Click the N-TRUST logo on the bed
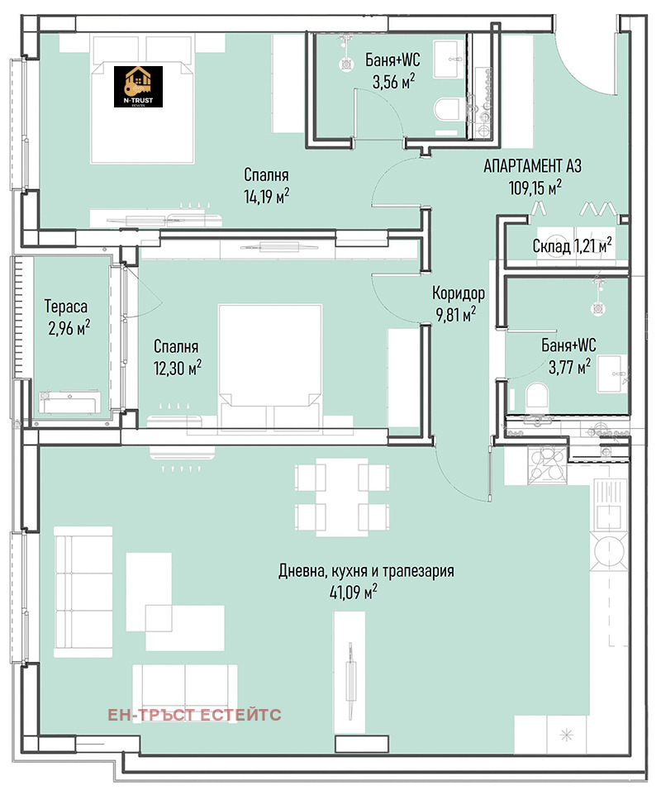pyautogui.click(x=138, y=86)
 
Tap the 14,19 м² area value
pyautogui.click(x=267, y=196)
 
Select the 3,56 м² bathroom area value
pyautogui.click(x=394, y=81)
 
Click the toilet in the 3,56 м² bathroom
pyautogui.click(x=446, y=110)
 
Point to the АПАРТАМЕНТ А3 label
pyautogui.click(x=532, y=166)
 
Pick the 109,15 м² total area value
pyautogui.click(x=535, y=188)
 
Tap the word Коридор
pyautogui.click(x=459, y=293)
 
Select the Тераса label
pyautogui.click(x=66, y=307)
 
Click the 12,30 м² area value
pyautogui.click(x=178, y=368)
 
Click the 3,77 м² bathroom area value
pyautogui.click(x=569, y=366)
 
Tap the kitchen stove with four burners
pyautogui.click(x=548, y=464)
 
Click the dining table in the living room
pyautogui.click(x=342, y=497)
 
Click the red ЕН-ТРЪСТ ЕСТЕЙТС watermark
pyautogui.click(x=194, y=715)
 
